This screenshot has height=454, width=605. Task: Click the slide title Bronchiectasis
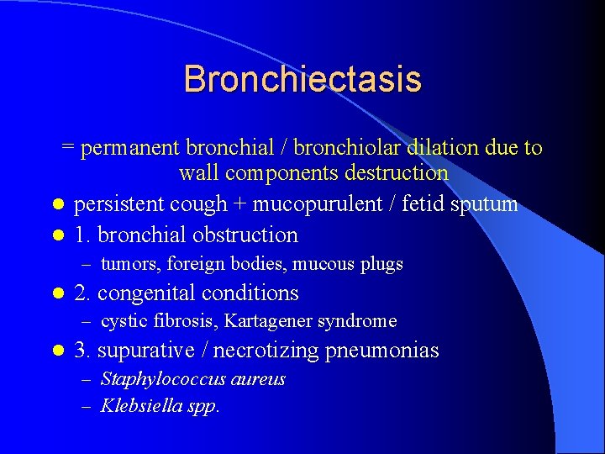[x=302, y=79]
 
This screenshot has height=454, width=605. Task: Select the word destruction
[x=397, y=174]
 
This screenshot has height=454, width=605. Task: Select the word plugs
[x=382, y=264]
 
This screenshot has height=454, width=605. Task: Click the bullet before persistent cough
[x=56, y=205]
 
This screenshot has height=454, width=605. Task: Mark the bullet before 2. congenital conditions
[x=56, y=294]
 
